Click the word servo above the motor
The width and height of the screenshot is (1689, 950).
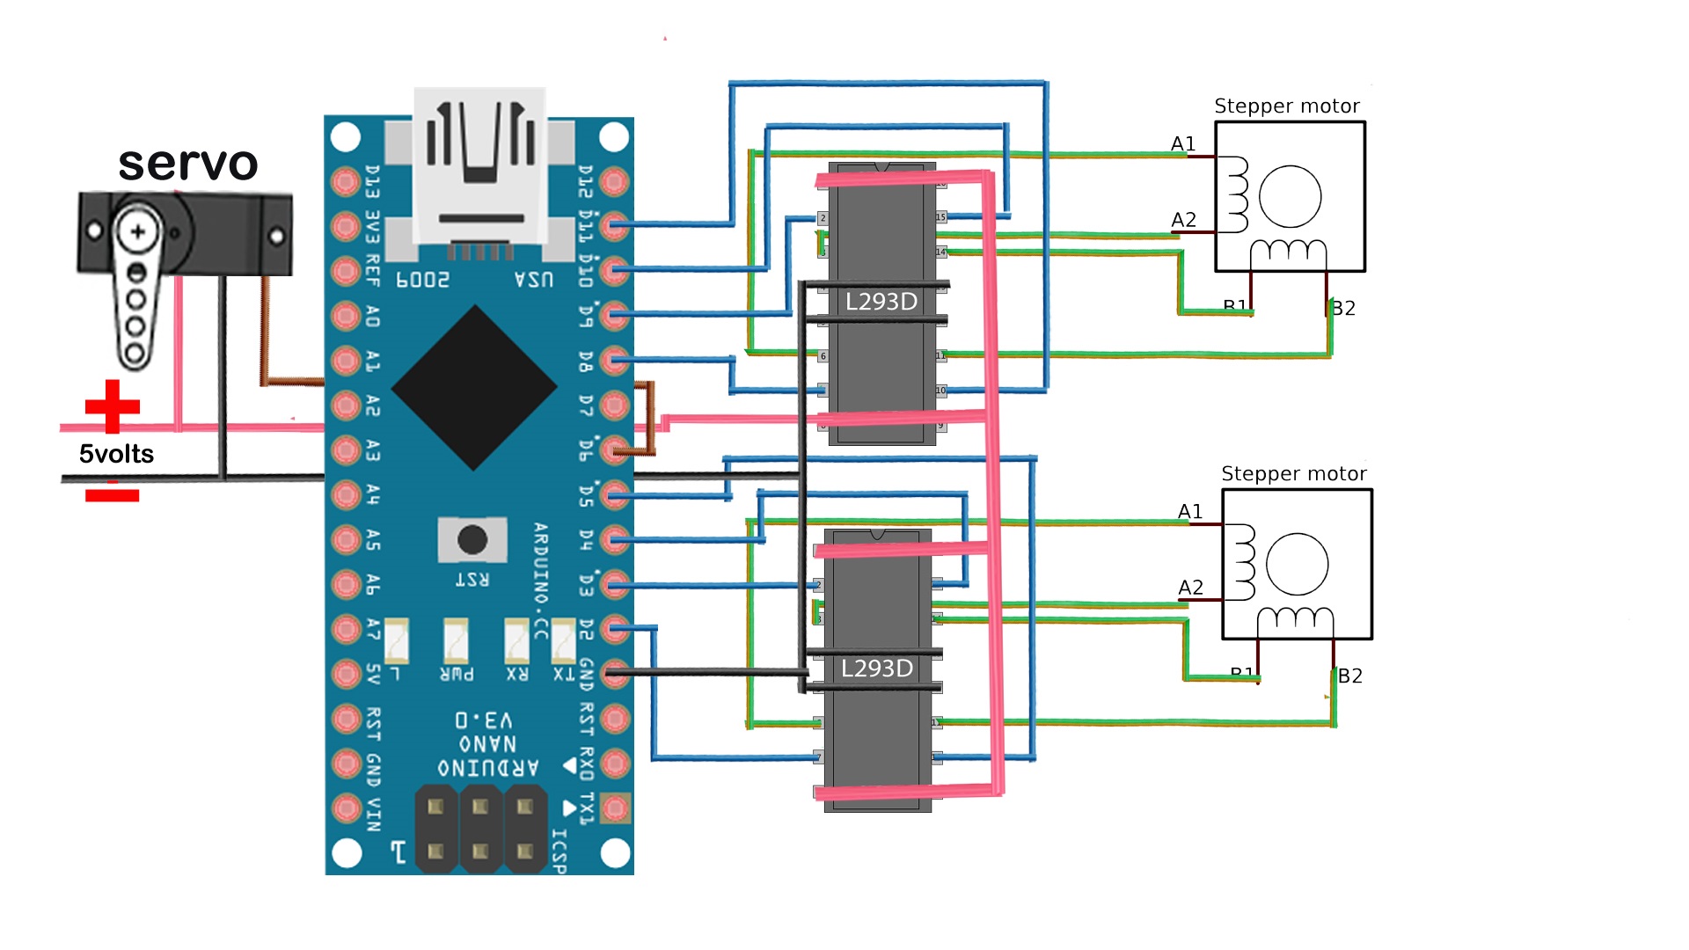(187, 164)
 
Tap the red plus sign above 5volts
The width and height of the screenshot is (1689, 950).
(112, 406)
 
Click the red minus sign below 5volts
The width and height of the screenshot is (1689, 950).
(112, 495)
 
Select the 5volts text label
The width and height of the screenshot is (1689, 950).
(116, 454)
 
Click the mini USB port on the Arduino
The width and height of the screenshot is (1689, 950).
(480, 167)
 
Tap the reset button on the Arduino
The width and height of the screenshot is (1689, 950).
(472, 539)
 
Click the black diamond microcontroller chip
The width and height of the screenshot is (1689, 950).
(474, 387)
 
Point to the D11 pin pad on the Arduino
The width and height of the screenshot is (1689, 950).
(615, 226)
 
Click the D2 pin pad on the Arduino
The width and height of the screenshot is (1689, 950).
(615, 628)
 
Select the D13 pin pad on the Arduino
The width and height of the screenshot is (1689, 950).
(346, 181)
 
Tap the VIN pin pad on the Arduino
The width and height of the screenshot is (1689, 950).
(346, 807)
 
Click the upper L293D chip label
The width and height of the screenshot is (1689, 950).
(881, 302)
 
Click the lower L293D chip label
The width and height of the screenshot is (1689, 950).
(877, 669)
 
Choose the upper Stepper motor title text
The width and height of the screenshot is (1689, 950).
(1286, 106)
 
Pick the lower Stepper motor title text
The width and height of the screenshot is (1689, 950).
(1293, 474)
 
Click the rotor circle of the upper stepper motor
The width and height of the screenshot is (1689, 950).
(1290, 196)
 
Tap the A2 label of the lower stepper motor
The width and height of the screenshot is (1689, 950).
(1190, 588)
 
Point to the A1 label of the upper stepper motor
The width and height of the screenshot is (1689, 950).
(1183, 144)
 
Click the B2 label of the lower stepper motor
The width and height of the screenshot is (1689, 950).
(1350, 676)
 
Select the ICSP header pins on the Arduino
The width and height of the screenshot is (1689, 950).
(480, 829)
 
